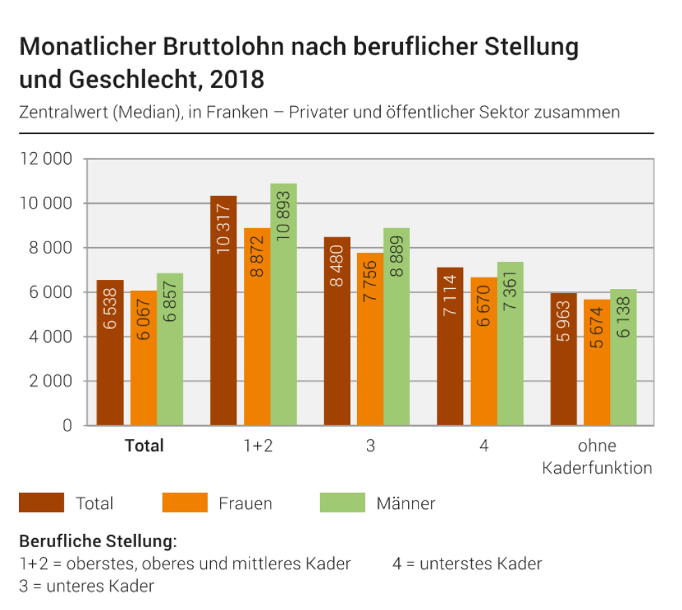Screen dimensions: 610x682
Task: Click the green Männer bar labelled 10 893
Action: [x=284, y=304]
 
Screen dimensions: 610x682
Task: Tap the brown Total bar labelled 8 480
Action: [x=337, y=331]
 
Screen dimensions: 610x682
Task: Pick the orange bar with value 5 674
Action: [x=597, y=362]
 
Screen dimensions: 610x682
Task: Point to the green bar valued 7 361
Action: [x=510, y=343]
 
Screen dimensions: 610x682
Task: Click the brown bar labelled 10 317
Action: [x=224, y=311]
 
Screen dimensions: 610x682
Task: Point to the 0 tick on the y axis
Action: [x=68, y=426]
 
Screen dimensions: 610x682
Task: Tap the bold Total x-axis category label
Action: [x=144, y=445]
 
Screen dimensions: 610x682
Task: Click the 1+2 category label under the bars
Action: [x=257, y=445]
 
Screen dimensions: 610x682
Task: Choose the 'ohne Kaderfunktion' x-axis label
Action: [x=597, y=456]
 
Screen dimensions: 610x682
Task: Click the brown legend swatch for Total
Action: [x=41, y=503]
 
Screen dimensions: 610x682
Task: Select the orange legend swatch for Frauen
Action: [x=184, y=503]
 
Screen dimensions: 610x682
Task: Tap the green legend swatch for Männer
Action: [x=342, y=503]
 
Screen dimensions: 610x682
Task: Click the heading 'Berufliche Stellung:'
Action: [x=98, y=541]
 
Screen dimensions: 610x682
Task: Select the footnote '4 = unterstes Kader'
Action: [x=467, y=563]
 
